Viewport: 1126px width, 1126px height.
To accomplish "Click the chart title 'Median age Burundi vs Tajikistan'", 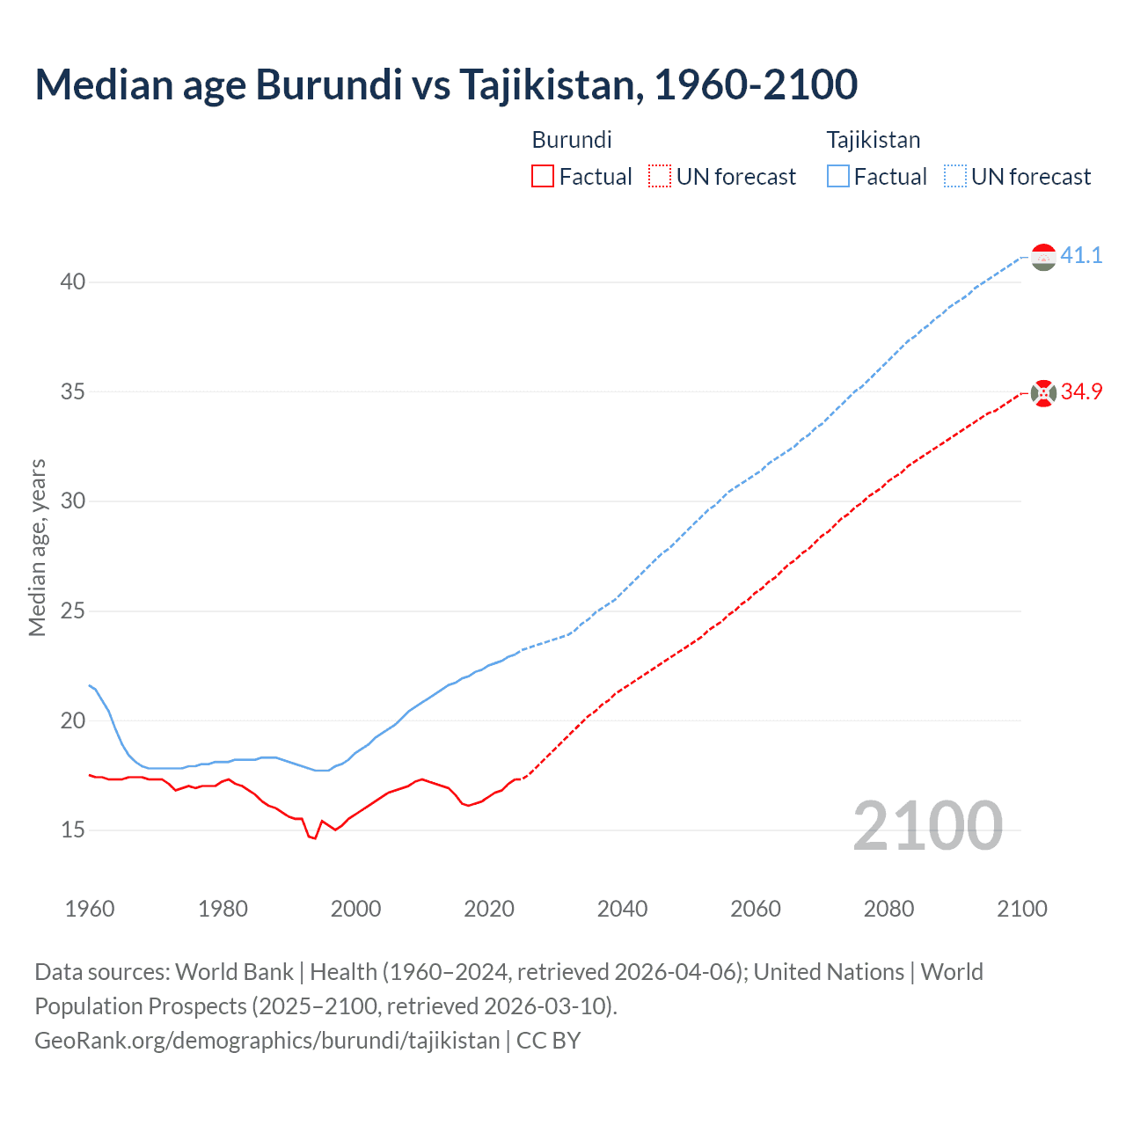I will coord(446,84).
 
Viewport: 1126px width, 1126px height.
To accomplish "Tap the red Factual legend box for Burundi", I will coord(543,177).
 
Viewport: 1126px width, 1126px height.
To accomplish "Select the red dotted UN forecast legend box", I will coord(660,177).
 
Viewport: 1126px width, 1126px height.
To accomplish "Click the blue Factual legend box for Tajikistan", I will coord(838,177).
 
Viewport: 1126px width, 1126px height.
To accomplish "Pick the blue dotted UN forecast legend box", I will coord(955,177).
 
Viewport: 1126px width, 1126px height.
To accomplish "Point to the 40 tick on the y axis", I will coord(73,282).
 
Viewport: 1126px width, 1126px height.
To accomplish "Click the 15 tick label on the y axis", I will coord(73,830).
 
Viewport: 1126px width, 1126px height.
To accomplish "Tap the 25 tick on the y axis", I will coord(73,611).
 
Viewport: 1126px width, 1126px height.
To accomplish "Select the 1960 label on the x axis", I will coord(90,909).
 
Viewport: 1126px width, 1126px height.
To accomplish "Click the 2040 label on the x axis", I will coord(622,909).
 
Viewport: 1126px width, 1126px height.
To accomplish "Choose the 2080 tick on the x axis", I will coord(888,909).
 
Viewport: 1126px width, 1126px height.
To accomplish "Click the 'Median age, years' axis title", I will coord(37,547).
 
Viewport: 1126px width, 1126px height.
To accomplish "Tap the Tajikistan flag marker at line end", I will coord(1043,257).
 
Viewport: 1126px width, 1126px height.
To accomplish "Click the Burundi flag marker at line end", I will coord(1043,393).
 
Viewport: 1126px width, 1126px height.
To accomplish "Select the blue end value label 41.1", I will coord(1081,255).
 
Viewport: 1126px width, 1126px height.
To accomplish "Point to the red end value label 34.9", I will coord(1081,391).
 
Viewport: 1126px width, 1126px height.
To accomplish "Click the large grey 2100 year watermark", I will coord(927,825).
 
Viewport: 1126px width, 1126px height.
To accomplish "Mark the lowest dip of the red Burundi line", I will coord(314,838).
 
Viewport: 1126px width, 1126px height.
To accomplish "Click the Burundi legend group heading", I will coord(572,140).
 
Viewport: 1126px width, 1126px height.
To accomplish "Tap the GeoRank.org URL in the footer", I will coord(267,1041).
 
